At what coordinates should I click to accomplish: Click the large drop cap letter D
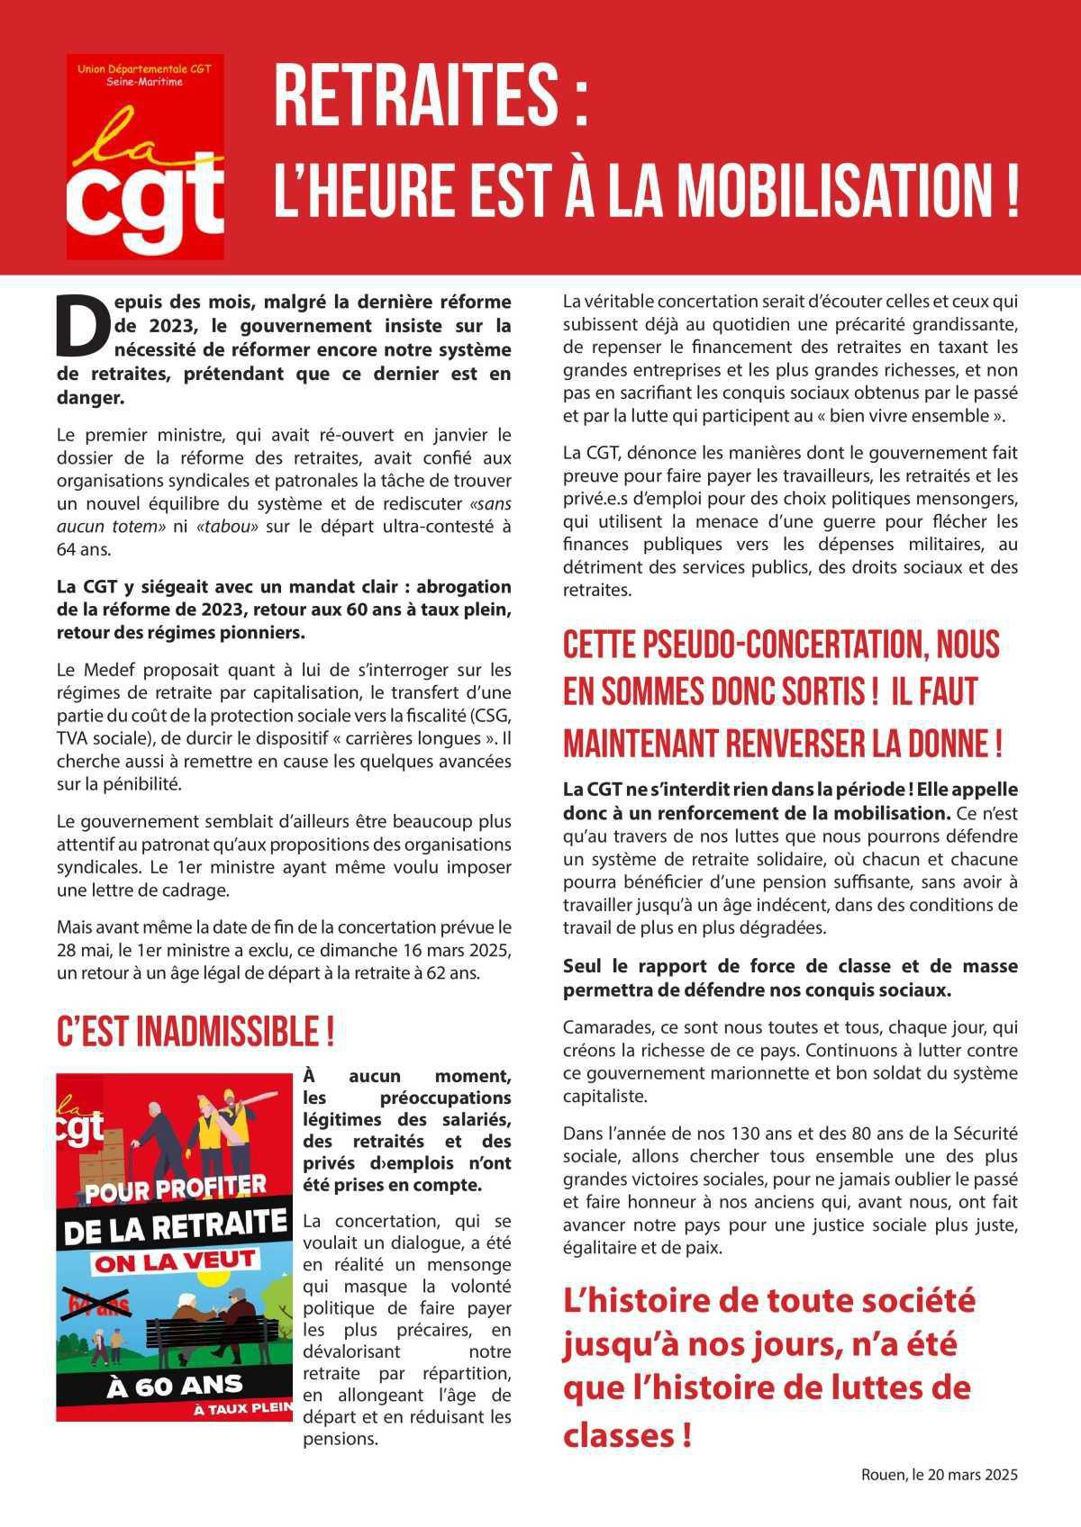coord(82,325)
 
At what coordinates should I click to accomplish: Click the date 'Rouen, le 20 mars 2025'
coord(939,1475)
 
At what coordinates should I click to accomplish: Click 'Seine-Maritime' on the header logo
coord(144,82)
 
